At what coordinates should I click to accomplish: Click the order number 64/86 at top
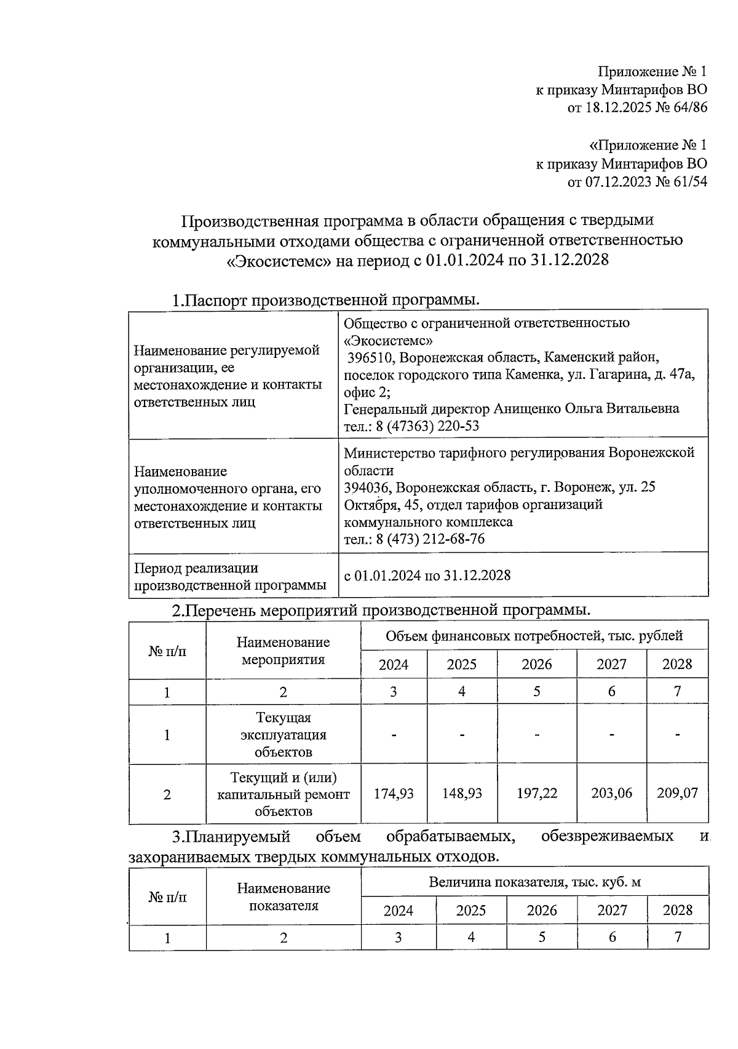pos(684,108)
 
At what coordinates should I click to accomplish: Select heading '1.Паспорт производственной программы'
pos(325,300)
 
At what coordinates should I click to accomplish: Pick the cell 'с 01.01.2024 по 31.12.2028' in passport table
pos(427,576)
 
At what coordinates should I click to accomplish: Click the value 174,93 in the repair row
pos(394,793)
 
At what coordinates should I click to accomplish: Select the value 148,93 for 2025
pos(462,793)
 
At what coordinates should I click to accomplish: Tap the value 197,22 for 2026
pos(537,793)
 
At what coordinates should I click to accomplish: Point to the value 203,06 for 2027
pos(611,793)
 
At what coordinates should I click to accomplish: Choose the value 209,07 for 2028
pos(677,793)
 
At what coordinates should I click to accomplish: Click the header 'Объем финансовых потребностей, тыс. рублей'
pos(534,635)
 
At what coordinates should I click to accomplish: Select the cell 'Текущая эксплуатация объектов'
pos(283,735)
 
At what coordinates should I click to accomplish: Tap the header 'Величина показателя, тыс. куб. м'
pos(534,882)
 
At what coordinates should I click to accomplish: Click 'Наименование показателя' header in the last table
pos(283,897)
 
